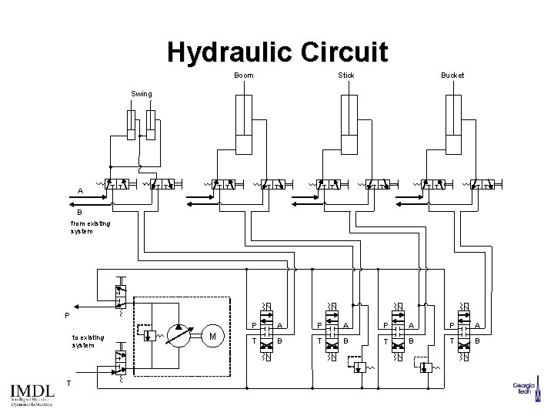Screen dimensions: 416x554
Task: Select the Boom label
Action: point(243,75)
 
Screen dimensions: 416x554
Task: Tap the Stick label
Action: point(346,75)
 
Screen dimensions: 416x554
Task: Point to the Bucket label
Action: point(452,75)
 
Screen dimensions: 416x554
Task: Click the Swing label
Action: point(142,94)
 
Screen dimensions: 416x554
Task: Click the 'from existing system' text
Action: point(90,227)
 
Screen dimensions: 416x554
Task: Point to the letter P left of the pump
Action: point(67,315)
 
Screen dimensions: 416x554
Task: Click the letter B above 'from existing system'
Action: point(78,213)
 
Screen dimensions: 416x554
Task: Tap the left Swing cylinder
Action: point(132,126)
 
